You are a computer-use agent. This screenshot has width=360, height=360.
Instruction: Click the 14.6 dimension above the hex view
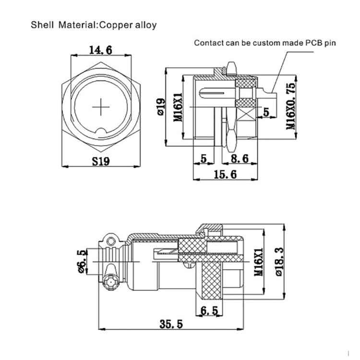click(x=102, y=49)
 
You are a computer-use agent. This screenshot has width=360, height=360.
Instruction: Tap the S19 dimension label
click(x=101, y=161)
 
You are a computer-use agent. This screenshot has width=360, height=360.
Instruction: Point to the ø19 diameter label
click(x=161, y=106)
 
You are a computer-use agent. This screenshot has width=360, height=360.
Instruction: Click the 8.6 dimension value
click(x=239, y=158)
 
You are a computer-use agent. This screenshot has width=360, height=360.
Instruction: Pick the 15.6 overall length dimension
click(x=225, y=175)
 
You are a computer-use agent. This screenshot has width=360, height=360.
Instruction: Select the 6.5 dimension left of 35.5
click(x=209, y=311)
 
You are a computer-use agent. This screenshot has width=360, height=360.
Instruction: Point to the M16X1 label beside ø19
click(x=177, y=107)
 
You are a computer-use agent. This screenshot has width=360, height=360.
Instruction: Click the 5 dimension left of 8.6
click(x=204, y=158)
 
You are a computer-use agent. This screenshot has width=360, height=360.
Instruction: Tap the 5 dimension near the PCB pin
click(x=265, y=112)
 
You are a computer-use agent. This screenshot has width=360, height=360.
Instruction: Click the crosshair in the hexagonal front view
click(x=102, y=106)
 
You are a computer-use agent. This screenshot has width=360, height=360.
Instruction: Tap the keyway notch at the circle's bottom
click(x=102, y=131)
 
